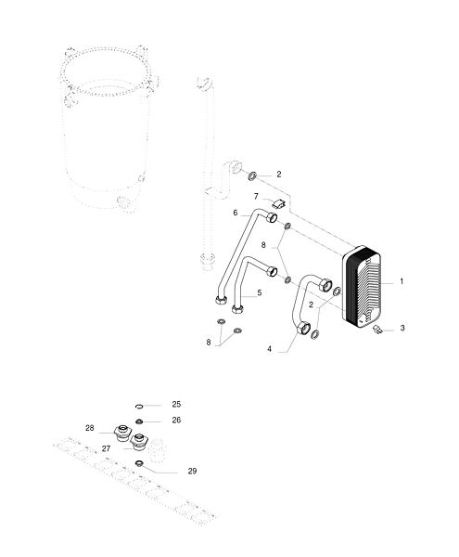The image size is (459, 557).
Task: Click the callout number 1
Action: [x=402, y=281]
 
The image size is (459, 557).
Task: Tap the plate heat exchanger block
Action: [x=362, y=285]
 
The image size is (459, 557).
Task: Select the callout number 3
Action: [x=402, y=328]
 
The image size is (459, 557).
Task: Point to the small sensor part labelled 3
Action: [x=378, y=329]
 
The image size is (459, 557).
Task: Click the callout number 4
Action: [x=270, y=349]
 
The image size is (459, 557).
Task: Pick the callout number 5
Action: [x=260, y=292]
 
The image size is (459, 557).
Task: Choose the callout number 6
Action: [x=236, y=213]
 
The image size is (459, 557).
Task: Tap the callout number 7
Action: [x=256, y=196]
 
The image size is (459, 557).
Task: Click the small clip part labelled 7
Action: [x=279, y=203]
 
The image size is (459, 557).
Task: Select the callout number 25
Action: [x=176, y=404]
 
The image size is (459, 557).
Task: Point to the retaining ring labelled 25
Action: [x=139, y=406]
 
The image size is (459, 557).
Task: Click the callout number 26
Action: [x=176, y=421]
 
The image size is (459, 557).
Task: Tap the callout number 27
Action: [x=106, y=448]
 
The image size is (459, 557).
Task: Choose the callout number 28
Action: [x=90, y=428]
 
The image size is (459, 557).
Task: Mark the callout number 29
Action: [x=192, y=471]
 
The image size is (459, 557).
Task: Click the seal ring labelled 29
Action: [x=139, y=463]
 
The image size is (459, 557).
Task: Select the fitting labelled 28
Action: [x=122, y=433]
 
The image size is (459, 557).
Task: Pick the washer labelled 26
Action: [x=139, y=421]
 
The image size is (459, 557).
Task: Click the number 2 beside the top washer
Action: [x=279, y=175]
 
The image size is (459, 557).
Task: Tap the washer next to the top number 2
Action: [x=252, y=175]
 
